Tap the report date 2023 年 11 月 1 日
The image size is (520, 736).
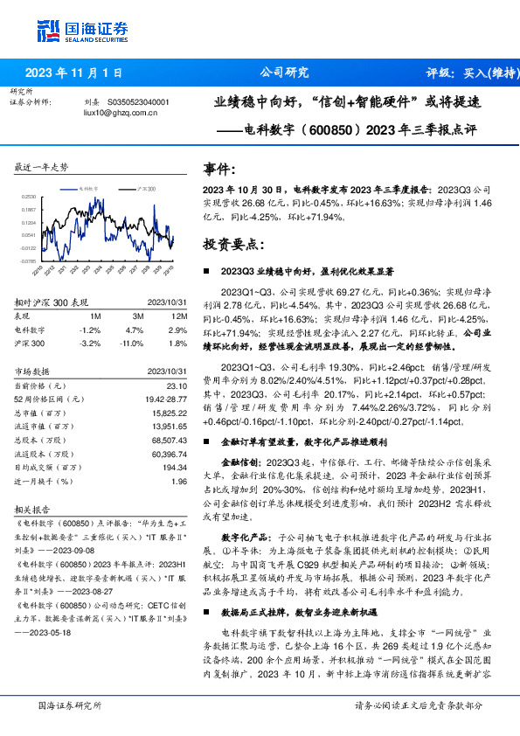73,73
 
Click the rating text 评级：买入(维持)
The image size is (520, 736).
468,73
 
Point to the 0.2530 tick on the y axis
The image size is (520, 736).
29,198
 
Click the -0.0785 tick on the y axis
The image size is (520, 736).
29,260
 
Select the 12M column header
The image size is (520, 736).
178,316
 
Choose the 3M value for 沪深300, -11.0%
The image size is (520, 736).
133,344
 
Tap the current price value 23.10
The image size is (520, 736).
177,385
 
